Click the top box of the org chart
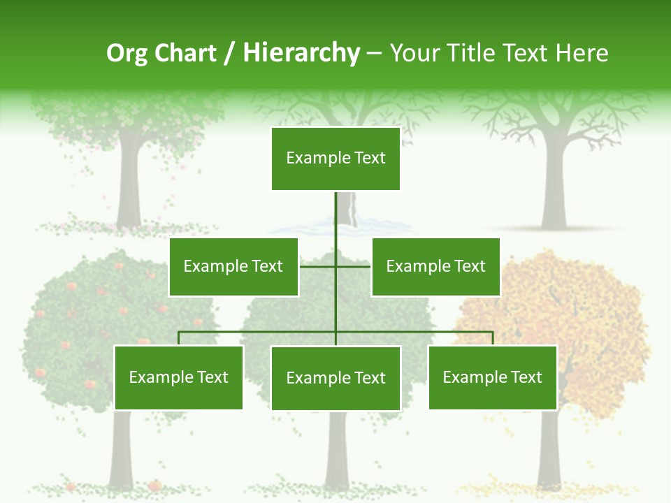coord(335,159)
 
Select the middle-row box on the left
coord(233,266)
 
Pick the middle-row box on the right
coord(435,266)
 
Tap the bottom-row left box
coord(178,377)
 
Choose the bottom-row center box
coord(335,378)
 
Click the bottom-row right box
coord(492,377)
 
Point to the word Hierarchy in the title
coord(301,53)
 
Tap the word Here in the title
coord(582,53)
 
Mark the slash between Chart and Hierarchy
coord(229,54)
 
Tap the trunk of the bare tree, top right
coord(554,189)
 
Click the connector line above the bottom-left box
coord(178,338)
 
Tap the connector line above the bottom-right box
coord(492,338)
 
